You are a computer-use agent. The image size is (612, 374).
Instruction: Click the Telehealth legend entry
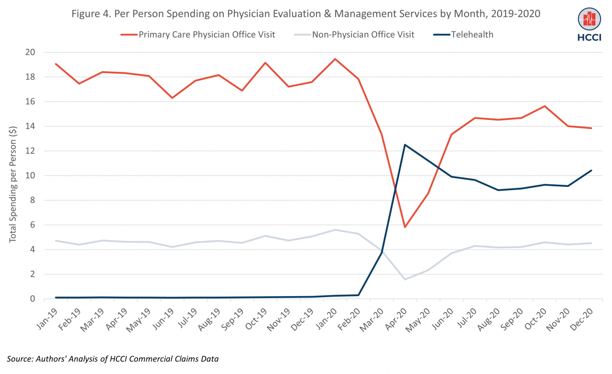(x=471, y=34)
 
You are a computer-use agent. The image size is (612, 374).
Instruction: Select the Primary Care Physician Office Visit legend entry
(x=206, y=34)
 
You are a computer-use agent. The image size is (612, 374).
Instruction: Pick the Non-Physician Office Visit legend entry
(x=363, y=34)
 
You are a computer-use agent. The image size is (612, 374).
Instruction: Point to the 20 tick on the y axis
(x=34, y=52)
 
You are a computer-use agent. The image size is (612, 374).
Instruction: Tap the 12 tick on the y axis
(x=34, y=151)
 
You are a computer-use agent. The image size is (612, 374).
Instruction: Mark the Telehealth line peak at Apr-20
(x=405, y=145)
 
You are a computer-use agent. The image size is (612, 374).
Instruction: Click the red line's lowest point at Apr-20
(x=405, y=227)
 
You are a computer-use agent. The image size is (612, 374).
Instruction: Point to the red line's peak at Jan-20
(x=335, y=59)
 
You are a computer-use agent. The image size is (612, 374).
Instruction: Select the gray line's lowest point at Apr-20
(x=405, y=279)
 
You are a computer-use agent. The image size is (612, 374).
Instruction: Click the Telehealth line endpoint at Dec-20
(x=591, y=171)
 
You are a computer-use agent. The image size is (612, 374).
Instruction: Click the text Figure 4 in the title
(x=91, y=14)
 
